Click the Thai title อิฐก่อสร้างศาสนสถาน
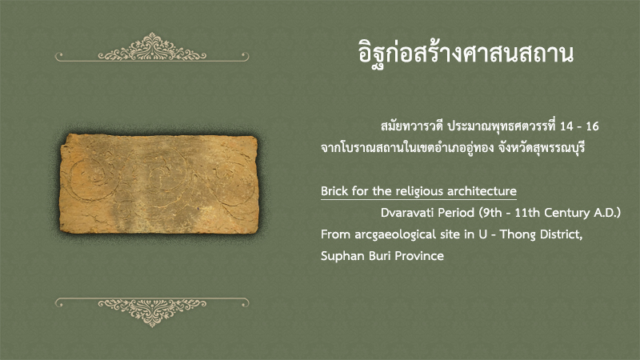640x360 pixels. pyautogui.click(x=466, y=53)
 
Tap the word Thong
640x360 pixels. pyautogui.click(x=518, y=235)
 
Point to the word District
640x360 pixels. pyautogui.click(x=561, y=234)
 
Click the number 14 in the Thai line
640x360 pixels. pyautogui.click(x=566, y=126)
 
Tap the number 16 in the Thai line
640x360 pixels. pyautogui.click(x=592, y=126)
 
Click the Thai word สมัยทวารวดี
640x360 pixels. pyautogui.click(x=411, y=126)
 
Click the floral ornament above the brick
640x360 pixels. pyautogui.click(x=152, y=48)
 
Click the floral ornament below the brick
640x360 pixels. pyautogui.click(x=152, y=311)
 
